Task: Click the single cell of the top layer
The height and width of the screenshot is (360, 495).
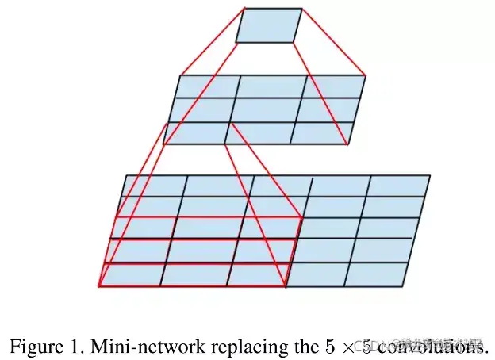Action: click(269, 25)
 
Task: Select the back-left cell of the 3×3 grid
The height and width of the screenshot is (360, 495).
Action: click(207, 86)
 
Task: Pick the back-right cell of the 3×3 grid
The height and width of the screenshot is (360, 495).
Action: click(332, 86)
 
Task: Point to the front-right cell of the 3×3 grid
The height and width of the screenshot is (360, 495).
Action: click(319, 132)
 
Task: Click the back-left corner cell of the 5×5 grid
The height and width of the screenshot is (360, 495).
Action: click(155, 186)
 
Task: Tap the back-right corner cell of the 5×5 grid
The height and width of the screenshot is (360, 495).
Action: click(399, 186)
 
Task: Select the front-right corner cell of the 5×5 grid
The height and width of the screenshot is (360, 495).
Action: click(376, 274)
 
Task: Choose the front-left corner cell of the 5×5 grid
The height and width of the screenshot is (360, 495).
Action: click(132, 274)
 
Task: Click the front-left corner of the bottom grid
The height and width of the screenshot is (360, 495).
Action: click(100, 286)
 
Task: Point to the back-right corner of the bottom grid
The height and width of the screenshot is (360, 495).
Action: click(430, 175)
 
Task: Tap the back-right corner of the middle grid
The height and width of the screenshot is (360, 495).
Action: click(365, 75)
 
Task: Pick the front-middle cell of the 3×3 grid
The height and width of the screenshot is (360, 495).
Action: click(258, 132)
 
